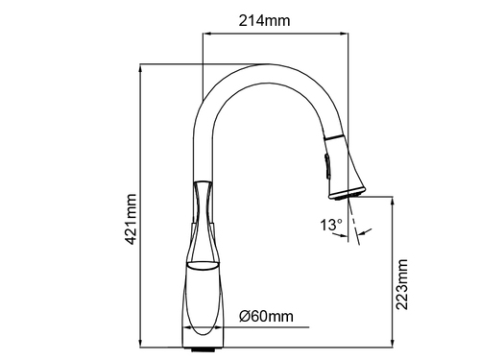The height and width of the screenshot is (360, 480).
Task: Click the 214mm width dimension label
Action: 264,21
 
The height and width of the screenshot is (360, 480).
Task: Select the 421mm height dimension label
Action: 131,219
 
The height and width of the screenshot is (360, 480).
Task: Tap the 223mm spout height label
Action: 401,284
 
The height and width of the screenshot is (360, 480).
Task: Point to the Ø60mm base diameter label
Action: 266,316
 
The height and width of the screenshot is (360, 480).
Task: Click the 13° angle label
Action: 331,225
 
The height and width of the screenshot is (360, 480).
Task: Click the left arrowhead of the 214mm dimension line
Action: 208,33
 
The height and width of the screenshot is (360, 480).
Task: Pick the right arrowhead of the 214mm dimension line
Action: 343,33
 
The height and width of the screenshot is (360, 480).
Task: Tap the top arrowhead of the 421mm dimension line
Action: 140,70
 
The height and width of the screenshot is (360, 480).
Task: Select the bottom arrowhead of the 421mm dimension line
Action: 140,342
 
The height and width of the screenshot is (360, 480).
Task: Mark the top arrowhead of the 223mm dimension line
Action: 393,202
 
